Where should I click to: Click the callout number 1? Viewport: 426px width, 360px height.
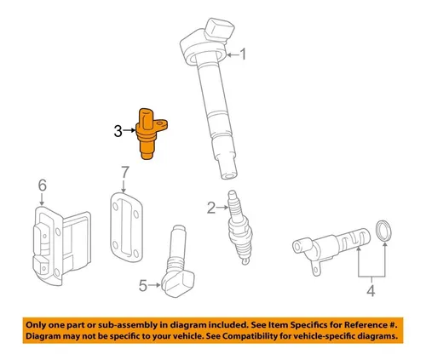[x=243, y=54]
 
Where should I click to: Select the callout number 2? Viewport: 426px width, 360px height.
[x=211, y=208]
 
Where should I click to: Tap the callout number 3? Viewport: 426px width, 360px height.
[x=118, y=131]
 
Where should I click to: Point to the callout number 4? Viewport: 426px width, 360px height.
[x=371, y=290]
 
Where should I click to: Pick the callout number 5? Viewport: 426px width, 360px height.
[x=143, y=286]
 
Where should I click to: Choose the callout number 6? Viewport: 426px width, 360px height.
[x=43, y=186]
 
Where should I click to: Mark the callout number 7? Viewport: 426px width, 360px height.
[x=125, y=173]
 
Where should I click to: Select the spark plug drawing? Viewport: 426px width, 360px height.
[x=240, y=227]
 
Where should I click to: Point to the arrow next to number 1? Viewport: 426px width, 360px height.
[x=233, y=54]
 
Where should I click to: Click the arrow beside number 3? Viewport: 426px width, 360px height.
[x=130, y=130]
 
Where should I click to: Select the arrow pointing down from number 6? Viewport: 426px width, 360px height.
[x=42, y=199]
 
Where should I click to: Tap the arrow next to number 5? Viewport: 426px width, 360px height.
[x=155, y=285]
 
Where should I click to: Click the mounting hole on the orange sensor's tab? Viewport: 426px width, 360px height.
[x=160, y=123]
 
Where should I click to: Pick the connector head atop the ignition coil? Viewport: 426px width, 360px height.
[x=219, y=30]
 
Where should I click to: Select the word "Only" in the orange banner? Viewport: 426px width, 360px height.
[x=36, y=325]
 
